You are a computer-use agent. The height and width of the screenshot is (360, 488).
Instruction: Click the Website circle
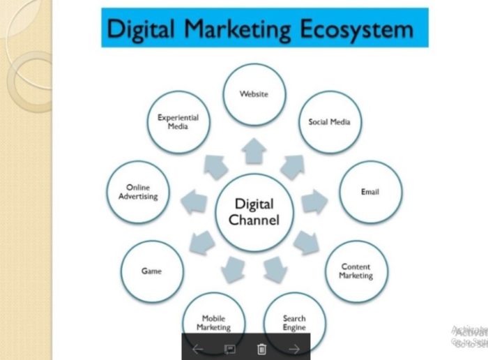254,93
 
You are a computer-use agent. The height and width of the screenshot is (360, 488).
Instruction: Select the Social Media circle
329,122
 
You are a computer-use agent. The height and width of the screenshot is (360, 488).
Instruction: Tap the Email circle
370,192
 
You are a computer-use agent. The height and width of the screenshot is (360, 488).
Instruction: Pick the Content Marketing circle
356,271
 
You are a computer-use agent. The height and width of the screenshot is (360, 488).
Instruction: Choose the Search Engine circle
294,322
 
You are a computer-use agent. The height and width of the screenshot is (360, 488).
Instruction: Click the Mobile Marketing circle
213,322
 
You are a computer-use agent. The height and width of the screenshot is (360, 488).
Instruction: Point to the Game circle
152,271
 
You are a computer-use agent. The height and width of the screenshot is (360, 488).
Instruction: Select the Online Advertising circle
138,193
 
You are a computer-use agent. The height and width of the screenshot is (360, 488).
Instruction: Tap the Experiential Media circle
178,122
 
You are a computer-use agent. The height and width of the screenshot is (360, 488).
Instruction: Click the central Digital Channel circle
254,212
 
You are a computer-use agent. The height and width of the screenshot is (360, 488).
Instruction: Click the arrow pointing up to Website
254,150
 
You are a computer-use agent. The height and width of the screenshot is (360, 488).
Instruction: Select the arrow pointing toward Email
314,202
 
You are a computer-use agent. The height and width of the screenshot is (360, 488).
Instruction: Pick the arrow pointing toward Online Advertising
194,203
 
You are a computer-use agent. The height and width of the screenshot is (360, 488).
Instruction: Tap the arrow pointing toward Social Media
292,167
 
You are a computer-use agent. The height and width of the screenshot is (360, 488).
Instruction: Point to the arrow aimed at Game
201,241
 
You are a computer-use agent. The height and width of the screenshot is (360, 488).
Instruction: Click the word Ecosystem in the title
356,29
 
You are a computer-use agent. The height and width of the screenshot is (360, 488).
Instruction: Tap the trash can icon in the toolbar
261,349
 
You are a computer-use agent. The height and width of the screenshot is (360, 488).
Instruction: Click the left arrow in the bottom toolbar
198,349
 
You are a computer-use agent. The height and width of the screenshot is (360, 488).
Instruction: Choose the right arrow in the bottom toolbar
294,349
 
